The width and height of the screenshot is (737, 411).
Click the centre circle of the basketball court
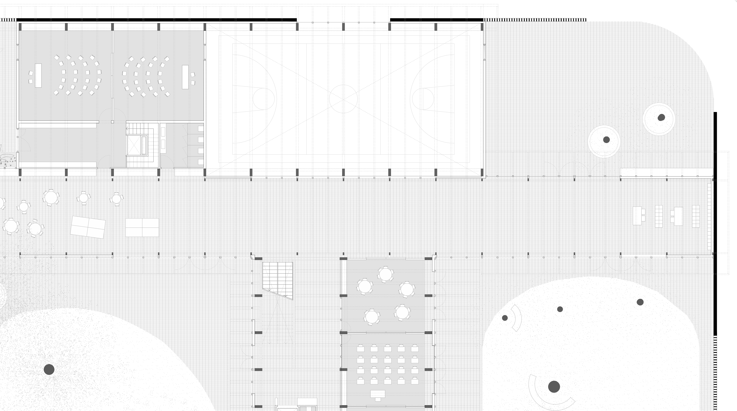[343, 99]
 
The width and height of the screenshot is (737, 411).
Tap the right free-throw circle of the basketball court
[423, 99]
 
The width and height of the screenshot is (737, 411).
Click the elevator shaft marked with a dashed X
[134, 145]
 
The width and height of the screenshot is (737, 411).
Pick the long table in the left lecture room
[38, 75]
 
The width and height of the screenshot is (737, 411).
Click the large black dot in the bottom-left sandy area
[49, 369]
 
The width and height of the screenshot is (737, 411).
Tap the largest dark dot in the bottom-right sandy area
[554, 387]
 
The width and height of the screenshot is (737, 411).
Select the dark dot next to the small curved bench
[505, 318]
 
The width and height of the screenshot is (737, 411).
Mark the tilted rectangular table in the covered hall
[88, 227]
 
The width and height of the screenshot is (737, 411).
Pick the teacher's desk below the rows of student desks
[378, 394]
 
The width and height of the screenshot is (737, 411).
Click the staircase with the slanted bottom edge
[278, 279]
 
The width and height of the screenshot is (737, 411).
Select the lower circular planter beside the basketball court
[604, 141]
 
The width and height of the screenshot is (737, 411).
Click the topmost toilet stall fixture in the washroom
[201, 129]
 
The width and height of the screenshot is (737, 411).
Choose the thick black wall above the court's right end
[436, 20]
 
